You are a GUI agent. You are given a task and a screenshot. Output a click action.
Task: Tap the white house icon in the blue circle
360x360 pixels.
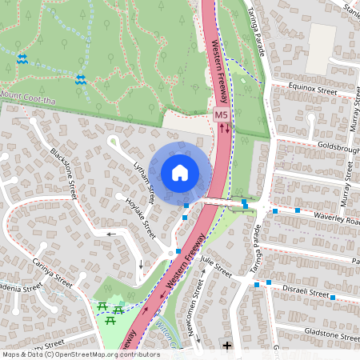(180, 172)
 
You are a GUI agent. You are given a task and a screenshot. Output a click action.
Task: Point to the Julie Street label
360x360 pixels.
(215, 267)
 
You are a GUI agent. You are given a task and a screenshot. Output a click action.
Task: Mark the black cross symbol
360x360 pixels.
(228, 346)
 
